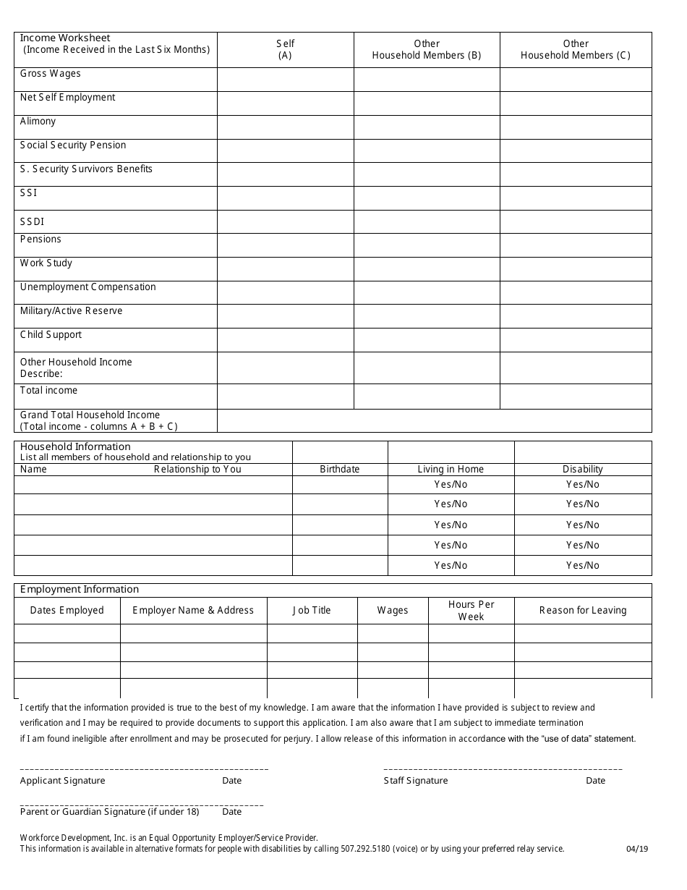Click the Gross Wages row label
(x=51, y=74)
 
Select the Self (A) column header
(x=285, y=49)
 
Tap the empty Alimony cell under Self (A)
(x=285, y=127)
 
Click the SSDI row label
(x=33, y=221)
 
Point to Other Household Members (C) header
(x=576, y=49)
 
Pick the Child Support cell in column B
(x=427, y=340)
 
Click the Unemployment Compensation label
(x=88, y=287)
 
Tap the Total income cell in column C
(x=576, y=396)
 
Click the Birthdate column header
(x=340, y=470)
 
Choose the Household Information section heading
(x=75, y=446)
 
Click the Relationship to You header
(x=197, y=470)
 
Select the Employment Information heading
(x=80, y=590)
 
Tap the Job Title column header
(x=312, y=611)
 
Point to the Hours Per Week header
(x=471, y=611)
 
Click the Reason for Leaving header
(x=583, y=611)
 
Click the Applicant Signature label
(x=63, y=781)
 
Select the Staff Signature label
(x=416, y=781)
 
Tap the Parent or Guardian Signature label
(x=109, y=812)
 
